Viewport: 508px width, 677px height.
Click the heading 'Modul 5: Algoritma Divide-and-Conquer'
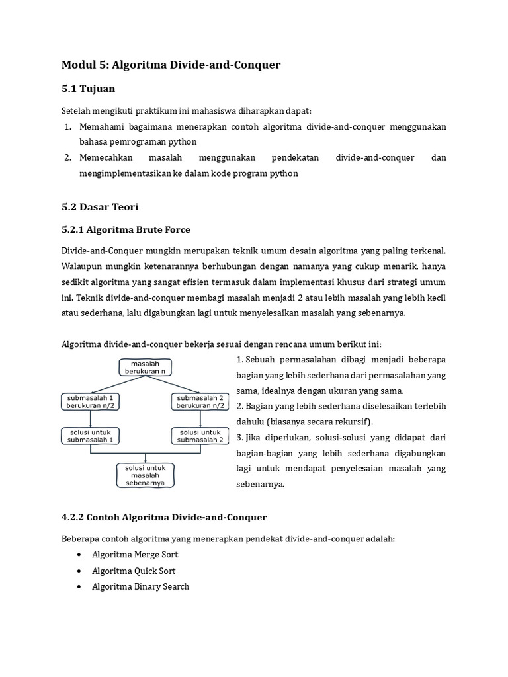tap(171, 65)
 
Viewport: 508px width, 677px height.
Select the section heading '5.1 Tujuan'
tap(88, 89)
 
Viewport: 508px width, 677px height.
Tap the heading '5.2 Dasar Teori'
tap(100, 207)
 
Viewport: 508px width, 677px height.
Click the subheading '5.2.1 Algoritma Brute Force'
tap(126, 229)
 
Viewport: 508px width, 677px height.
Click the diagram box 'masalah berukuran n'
tap(146, 367)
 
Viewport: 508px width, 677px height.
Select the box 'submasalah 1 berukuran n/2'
tap(90, 401)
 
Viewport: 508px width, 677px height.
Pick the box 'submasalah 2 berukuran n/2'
tap(202, 401)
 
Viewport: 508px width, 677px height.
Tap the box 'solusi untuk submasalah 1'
tap(90, 435)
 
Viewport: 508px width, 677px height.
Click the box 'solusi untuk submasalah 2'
tap(202, 435)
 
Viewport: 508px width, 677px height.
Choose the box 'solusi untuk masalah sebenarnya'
tap(146, 475)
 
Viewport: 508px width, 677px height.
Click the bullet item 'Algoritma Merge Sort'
tap(135, 555)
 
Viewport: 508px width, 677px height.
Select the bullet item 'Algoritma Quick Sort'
tap(134, 571)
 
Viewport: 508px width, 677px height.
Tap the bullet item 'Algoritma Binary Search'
tap(140, 586)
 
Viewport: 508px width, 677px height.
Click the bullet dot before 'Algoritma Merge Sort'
tap(79, 555)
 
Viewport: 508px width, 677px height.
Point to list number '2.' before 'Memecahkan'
tap(67, 158)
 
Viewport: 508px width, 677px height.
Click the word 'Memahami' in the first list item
tap(101, 126)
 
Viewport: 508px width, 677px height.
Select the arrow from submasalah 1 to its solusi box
tap(90, 418)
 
